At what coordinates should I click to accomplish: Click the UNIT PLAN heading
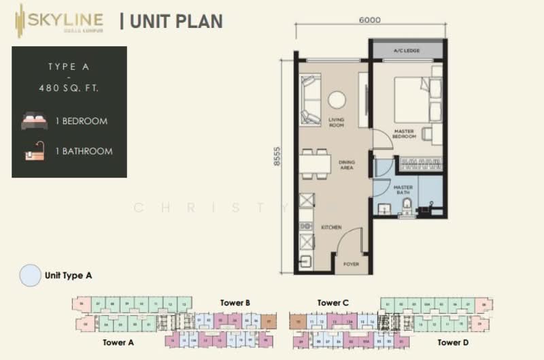coord(171,21)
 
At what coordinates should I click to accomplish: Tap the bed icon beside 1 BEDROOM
coord(34,121)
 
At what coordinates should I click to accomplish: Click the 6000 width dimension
coord(371,20)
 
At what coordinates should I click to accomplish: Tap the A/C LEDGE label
coord(407,52)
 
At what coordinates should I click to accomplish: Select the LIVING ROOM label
coord(336,122)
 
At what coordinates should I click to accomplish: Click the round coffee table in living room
coord(337,100)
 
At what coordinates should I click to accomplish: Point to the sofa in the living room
coord(310,100)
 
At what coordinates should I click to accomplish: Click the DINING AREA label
coord(347,165)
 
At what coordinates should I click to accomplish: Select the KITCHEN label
coord(332,227)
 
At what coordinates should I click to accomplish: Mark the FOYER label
coord(351,263)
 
